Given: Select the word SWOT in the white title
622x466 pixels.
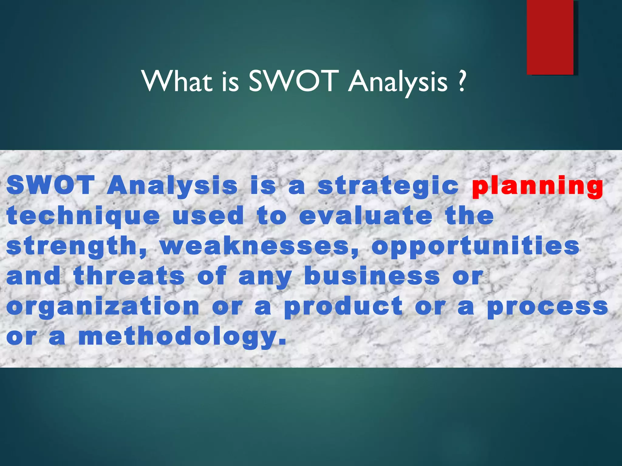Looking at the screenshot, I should (293, 81).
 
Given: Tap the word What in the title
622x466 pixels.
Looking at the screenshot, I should (177, 81).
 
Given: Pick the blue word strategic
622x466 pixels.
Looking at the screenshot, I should (388, 186).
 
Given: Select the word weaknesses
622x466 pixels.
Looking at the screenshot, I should (259, 246).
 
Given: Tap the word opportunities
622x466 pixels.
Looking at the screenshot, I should (476, 247).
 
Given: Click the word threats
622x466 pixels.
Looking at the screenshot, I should (129, 276).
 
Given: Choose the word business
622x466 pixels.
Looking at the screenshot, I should (372, 276).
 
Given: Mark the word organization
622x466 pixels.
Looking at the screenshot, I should (103, 307).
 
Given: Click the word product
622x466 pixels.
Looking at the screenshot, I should (343, 307).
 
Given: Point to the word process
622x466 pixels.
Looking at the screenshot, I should (548, 307).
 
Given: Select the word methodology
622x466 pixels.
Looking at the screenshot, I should (182, 337).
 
